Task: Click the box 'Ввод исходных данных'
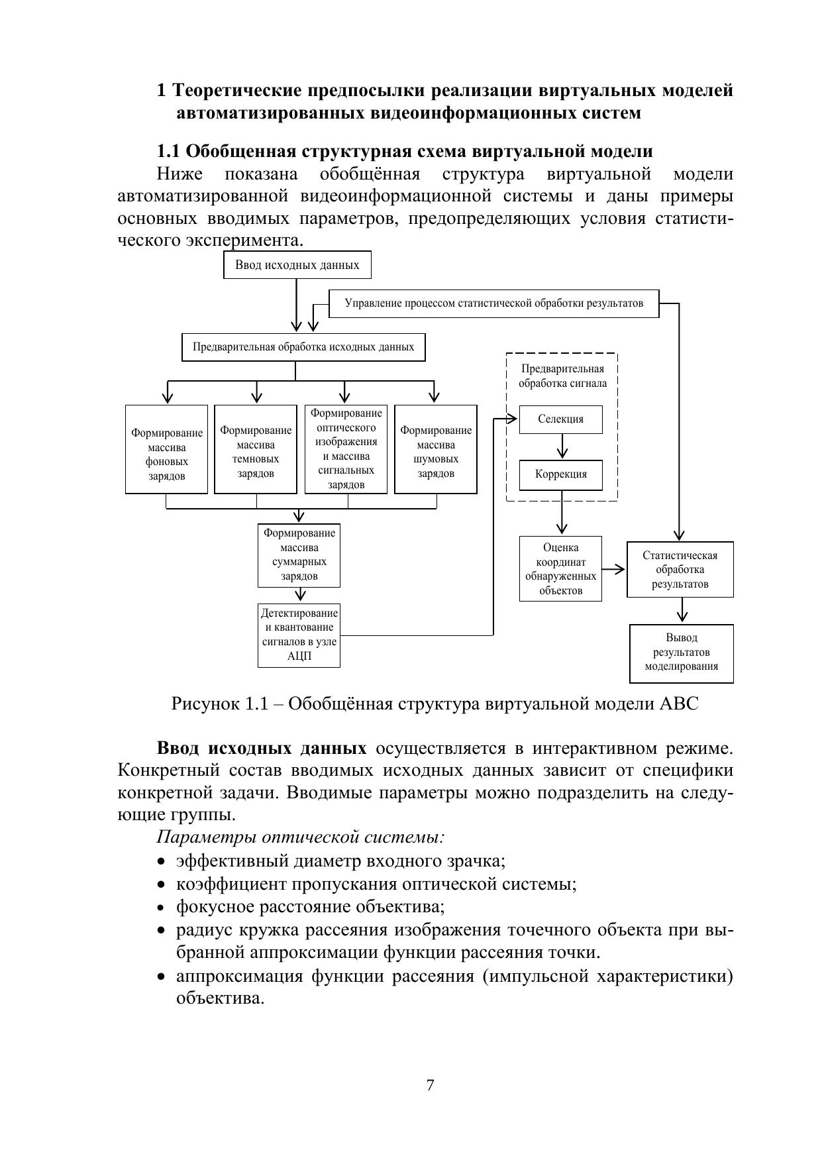click(x=297, y=265)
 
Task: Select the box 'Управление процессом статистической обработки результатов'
click(x=493, y=303)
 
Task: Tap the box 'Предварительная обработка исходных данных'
click(x=303, y=347)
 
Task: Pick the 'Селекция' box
click(x=560, y=419)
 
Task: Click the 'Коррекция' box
click(x=560, y=474)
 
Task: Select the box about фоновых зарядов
click(x=166, y=449)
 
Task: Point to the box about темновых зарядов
click(x=256, y=449)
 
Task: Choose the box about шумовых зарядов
click(x=435, y=449)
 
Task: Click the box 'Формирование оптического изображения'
click(x=346, y=449)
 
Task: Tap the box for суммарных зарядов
click(x=299, y=555)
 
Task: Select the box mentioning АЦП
click(x=299, y=635)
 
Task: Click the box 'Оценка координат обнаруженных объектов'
click(x=560, y=568)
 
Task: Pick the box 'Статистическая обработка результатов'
click(x=680, y=570)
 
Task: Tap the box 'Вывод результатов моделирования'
click(x=681, y=653)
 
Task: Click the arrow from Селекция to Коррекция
click(x=562, y=447)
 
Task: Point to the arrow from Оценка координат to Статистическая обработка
click(x=614, y=569)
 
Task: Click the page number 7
click(x=430, y=1085)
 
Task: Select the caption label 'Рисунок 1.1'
click(x=219, y=703)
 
